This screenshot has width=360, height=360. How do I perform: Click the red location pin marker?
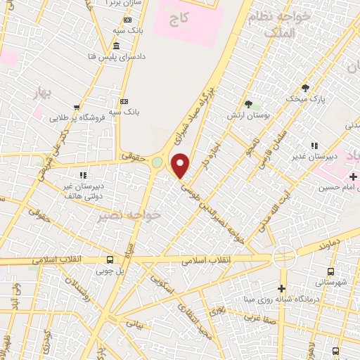(x=181, y=166)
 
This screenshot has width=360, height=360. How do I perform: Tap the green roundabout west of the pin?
(x=156, y=162)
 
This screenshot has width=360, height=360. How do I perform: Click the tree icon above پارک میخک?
(x=304, y=87)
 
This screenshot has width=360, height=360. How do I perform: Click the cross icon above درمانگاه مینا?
(x=281, y=288)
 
